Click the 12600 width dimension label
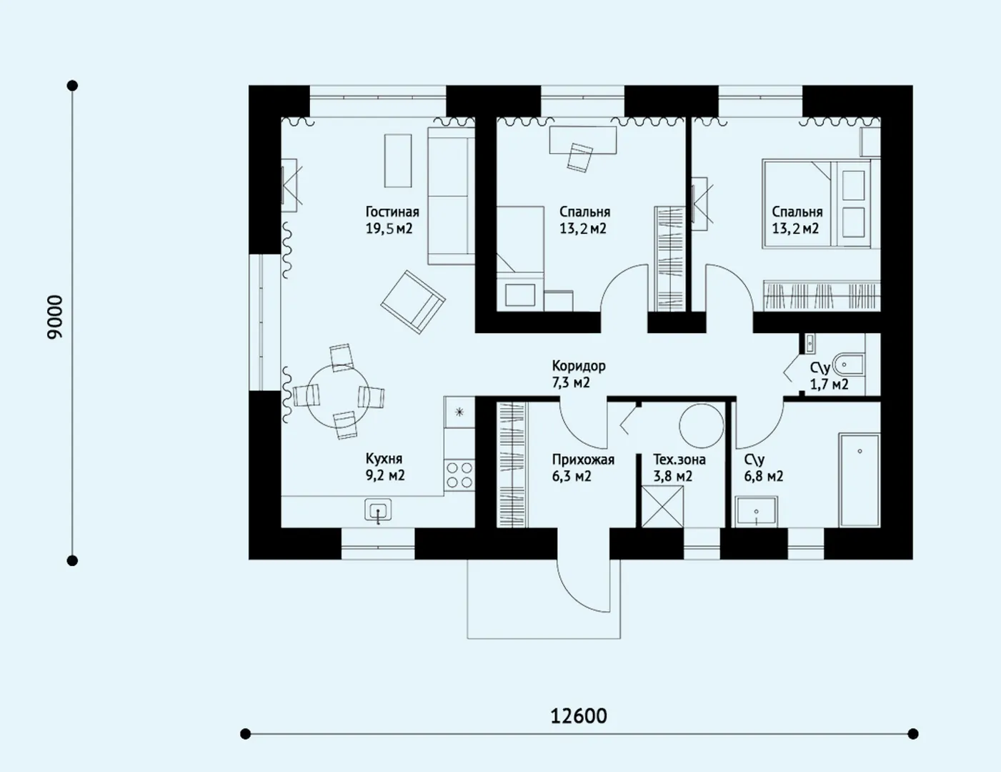[x=579, y=716]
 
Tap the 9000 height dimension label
[x=55, y=317]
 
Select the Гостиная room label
[x=392, y=212]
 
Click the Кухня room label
[x=384, y=459]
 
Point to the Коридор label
[x=579, y=366]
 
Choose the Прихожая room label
[x=583, y=460]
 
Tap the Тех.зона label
[x=679, y=460]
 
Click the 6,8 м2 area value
[x=764, y=476]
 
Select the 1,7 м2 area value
[x=830, y=384]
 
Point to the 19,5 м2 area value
[x=389, y=228]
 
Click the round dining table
[x=338, y=395]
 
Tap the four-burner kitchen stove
[x=459, y=475]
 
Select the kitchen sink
[x=378, y=510]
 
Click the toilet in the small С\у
[x=849, y=365]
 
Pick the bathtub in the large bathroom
[x=859, y=480]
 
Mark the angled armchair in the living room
[x=413, y=302]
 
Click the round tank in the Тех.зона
[x=701, y=426]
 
